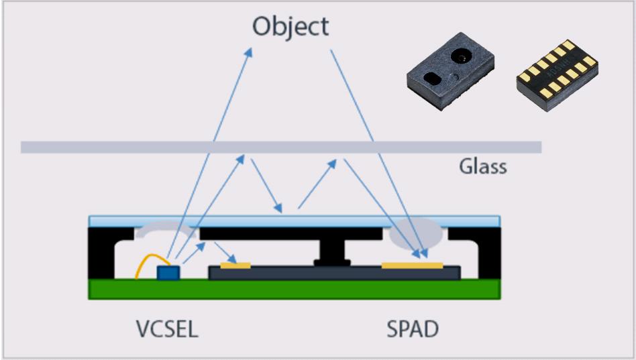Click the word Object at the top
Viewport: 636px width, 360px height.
tap(290, 27)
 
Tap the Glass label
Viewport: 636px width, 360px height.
tap(482, 166)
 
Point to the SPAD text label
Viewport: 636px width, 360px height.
tap(413, 329)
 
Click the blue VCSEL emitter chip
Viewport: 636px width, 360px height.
tap(168, 272)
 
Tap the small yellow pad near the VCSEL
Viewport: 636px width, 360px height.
tap(235, 265)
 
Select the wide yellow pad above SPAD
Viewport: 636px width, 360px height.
tap(412, 265)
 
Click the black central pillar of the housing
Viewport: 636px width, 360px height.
tap(331, 249)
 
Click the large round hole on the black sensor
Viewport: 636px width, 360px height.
tap(462, 57)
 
